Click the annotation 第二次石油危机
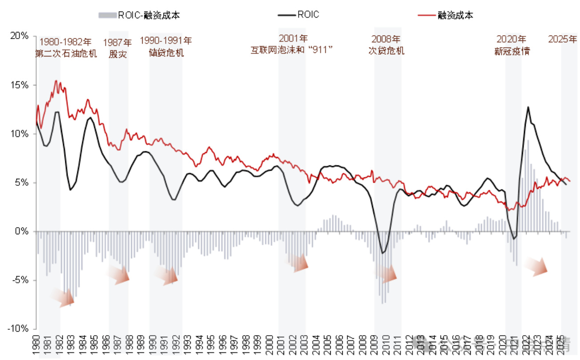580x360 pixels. pyautogui.click(x=66, y=53)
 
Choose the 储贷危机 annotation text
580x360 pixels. pyautogui.click(x=166, y=52)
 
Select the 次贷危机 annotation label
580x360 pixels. pyautogui.click(x=386, y=50)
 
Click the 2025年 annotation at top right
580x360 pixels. pyautogui.click(x=562, y=39)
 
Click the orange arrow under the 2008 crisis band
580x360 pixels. pyautogui.click(x=388, y=274)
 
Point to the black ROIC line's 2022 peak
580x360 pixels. pyautogui.click(x=528, y=107)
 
